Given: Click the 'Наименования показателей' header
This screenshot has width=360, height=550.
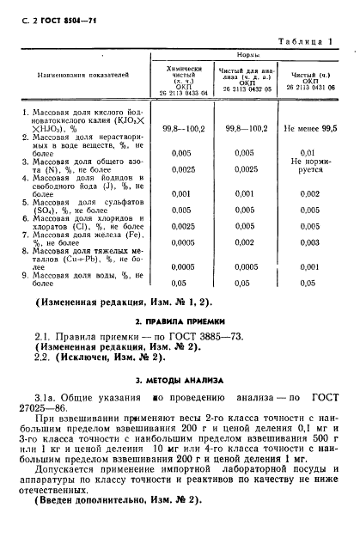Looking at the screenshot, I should pyautogui.click(x=82, y=75).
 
